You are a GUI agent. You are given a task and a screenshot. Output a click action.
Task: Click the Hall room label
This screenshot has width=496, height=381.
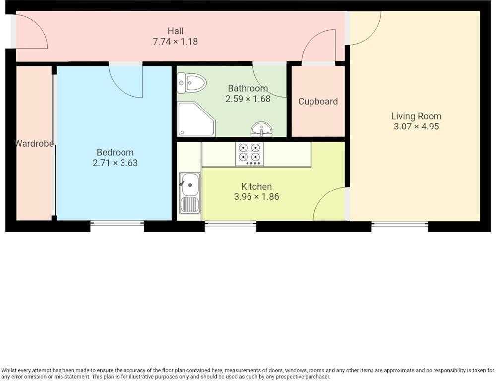175,31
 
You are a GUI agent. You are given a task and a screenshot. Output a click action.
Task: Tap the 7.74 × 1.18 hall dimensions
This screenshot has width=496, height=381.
175,42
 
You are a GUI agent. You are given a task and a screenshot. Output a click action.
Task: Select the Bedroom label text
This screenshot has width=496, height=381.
115,152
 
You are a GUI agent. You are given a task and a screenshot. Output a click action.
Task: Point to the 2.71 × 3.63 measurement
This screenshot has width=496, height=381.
115,163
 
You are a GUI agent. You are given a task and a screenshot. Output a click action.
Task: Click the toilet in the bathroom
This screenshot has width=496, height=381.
191,83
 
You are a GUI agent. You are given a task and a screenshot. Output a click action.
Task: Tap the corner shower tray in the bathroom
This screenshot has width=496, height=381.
196,119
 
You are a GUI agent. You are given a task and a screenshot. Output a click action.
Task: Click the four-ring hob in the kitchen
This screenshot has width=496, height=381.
249,154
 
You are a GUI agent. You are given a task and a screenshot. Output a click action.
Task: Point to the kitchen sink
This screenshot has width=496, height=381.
190,192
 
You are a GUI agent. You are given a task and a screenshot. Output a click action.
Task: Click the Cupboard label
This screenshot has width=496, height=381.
318,102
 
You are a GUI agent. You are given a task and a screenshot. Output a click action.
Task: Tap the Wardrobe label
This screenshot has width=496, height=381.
34,144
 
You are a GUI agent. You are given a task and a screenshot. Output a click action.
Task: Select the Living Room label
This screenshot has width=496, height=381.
416,116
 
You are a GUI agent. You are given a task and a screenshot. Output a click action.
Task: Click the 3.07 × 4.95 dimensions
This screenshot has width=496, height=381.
416,127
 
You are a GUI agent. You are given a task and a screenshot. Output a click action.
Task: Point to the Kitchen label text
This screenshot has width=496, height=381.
256,187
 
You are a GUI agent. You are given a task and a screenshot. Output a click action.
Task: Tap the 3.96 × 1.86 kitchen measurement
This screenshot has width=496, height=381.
256,197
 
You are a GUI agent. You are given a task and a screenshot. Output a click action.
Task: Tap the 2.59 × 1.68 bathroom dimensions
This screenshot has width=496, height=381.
248,99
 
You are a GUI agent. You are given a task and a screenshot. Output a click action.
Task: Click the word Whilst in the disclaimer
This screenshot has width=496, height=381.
9,370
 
